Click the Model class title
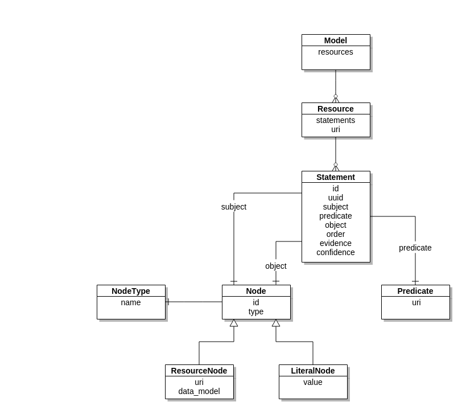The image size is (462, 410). click(x=336, y=40)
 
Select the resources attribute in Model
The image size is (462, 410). click(x=336, y=52)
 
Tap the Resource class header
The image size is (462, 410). click(x=336, y=109)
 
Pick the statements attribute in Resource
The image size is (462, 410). click(x=336, y=120)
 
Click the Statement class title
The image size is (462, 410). click(x=336, y=177)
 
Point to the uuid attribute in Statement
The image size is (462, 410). click(x=336, y=198)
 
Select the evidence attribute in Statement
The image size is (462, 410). click(x=336, y=243)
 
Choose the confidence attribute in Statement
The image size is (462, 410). click(x=336, y=252)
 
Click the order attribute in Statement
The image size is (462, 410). click(x=336, y=234)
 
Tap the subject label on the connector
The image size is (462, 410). click(x=234, y=207)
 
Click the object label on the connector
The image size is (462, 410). click(x=276, y=266)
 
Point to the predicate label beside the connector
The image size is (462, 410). click(x=415, y=248)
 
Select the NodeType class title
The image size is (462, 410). click(x=131, y=291)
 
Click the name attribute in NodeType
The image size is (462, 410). click(x=131, y=302)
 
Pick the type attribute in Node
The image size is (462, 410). click(x=256, y=311)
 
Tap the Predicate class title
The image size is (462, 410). click(x=415, y=291)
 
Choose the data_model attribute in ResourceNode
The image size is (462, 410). click(x=199, y=391)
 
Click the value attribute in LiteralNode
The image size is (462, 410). click(x=313, y=382)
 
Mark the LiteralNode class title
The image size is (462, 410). click(x=313, y=371)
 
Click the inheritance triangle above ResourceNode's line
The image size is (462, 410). click(x=234, y=323)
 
